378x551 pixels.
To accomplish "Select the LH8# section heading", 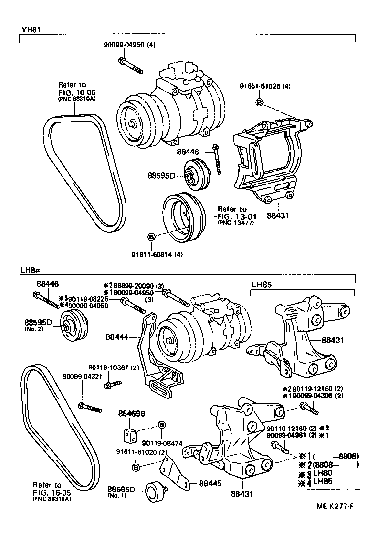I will coord(30,270).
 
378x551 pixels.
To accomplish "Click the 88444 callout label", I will coord(117,337).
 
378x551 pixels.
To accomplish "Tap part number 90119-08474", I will coord(162,443).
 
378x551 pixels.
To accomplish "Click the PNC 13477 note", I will coord(235,223).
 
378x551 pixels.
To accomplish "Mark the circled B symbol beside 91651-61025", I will coord(260,102).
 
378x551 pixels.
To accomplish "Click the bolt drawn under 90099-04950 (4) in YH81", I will coord(130,66).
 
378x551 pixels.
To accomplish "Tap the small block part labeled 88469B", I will coord(129,435).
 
